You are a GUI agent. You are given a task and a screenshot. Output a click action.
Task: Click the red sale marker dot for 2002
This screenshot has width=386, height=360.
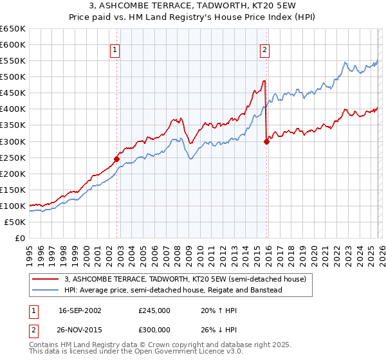[x=116, y=159]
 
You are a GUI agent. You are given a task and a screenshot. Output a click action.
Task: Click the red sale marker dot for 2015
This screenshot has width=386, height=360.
[x=266, y=142]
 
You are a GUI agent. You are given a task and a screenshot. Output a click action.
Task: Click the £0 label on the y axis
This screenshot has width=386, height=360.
[x=21, y=238]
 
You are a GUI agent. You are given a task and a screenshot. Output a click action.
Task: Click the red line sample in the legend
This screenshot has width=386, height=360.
[x=46, y=279]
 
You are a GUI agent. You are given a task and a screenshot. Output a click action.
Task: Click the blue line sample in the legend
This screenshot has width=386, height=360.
[x=46, y=290]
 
